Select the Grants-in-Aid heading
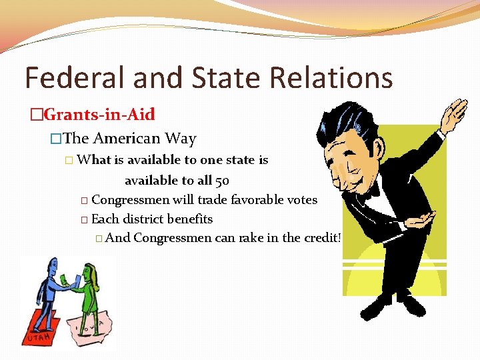[x=99, y=115]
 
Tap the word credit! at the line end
[x=321, y=238]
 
